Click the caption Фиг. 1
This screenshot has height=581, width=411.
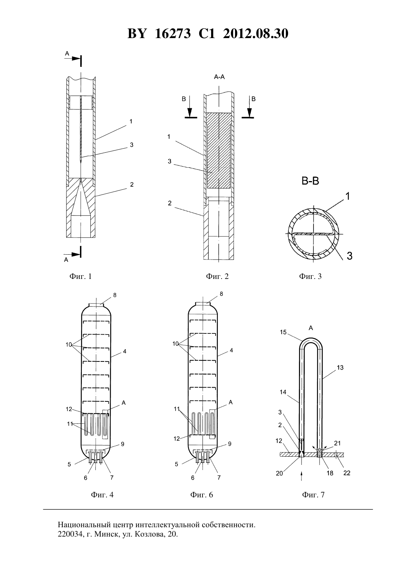click(80, 276)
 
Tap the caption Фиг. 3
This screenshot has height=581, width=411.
click(310, 276)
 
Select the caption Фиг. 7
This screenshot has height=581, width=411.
click(313, 495)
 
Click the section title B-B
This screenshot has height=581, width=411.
click(310, 181)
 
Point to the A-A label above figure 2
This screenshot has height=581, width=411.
click(219, 77)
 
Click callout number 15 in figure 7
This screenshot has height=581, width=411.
click(283, 332)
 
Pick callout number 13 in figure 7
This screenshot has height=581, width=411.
click(340, 367)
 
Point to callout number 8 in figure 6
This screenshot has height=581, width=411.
click(221, 294)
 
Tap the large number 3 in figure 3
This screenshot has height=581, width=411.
click(349, 256)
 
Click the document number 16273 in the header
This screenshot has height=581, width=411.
click(173, 34)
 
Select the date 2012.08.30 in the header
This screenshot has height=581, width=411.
click(256, 34)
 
